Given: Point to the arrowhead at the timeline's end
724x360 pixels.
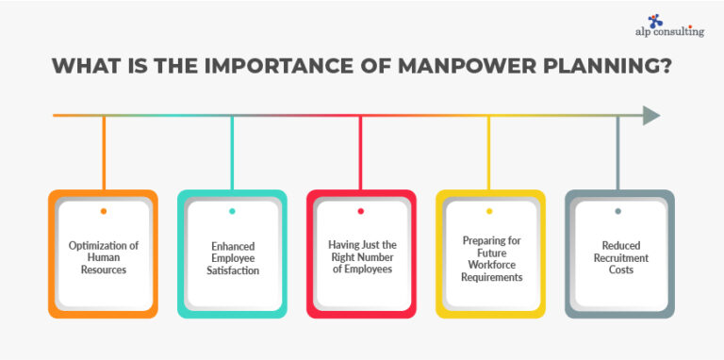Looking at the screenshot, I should [x=651, y=116].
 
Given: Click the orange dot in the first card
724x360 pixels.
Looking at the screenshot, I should [x=103, y=211].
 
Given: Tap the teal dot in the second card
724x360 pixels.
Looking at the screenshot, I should [x=232, y=211].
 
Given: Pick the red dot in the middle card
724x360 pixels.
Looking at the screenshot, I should [x=361, y=211].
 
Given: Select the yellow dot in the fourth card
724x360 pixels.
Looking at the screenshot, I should [x=489, y=211].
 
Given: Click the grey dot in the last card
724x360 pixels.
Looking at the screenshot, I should [x=618, y=211].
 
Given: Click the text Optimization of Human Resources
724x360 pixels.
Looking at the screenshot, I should [x=103, y=257].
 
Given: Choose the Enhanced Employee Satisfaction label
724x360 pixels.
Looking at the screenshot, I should [x=232, y=257].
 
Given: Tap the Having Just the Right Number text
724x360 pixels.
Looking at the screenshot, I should [x=361, y=257].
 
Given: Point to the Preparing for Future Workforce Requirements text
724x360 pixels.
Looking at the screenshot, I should [x=489, y=257].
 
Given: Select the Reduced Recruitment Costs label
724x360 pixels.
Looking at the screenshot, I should [x=618, y=257].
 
